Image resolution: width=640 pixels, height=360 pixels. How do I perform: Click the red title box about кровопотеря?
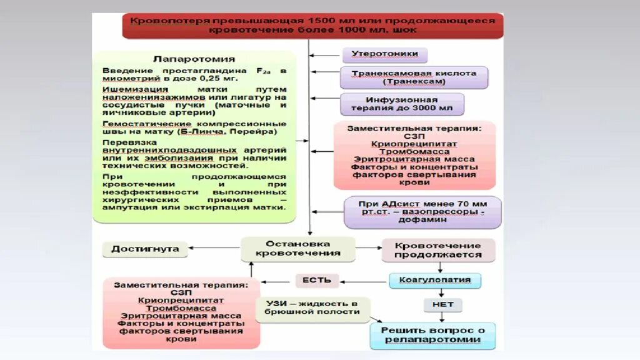pos(312,26)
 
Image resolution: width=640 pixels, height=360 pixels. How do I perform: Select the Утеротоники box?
pos(384,54)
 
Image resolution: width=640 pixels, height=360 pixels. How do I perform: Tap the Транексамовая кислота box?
pos(414,77)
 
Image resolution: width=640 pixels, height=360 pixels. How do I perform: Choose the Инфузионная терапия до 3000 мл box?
pos(402,104)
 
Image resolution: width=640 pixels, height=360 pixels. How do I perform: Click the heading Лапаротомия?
pos(194,59)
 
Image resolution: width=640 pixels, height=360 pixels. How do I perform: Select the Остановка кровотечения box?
pos(297,249)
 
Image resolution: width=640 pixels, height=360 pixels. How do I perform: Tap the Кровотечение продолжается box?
pos(438,250)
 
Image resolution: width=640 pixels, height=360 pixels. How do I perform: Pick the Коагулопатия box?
pos(435,280)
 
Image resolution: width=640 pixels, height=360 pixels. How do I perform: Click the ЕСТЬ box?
pos(317,280)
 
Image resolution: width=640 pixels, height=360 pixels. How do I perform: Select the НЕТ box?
pos(442,305)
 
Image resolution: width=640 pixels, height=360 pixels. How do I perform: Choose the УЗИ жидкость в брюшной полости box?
pos(312,307)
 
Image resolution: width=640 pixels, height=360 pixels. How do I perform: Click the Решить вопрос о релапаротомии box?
pos(432,335)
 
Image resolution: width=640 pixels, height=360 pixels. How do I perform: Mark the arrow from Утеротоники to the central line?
pos(326,55)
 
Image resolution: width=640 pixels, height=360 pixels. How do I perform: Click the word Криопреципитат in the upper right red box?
pos(414,144)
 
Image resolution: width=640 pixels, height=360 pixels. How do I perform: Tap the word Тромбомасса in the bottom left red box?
pos(181,308)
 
